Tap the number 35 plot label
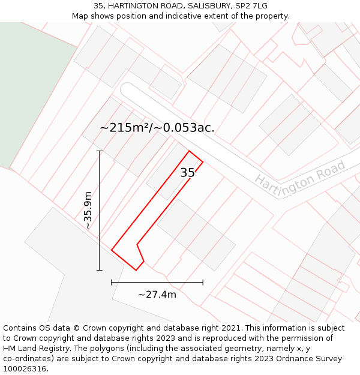click(187, 173)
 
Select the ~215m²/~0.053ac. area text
click(157, 128)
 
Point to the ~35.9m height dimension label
click(88, 211)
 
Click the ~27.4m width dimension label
click(157, 294)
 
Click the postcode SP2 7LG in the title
click(251, 6)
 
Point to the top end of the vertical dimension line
click(100, 151)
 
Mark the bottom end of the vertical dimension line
click(100, 270)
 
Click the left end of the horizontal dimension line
click(112, 282)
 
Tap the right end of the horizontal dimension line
click(203, 282)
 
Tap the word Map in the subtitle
click(80, 16)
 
